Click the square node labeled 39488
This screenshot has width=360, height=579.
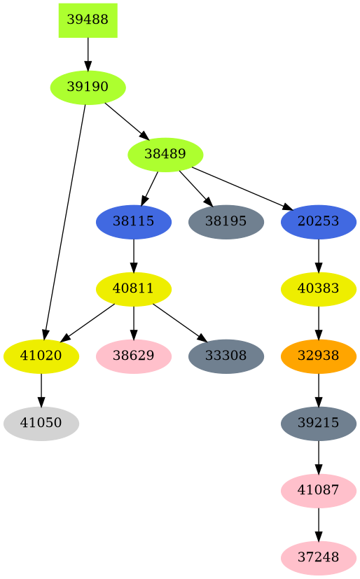[x=88, y=20]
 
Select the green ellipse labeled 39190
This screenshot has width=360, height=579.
[x=88, y=88]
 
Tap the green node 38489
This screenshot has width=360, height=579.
[x=165, y=155]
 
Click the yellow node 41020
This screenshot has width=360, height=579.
[x=41, y=356]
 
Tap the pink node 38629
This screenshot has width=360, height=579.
[x=134, y=356]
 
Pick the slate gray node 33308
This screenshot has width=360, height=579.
[x=226, y=356]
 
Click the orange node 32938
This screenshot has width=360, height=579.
[x=319, y=356]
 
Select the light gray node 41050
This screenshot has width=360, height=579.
[x=41, y=424]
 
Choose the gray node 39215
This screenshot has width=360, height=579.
[x=319, y=424]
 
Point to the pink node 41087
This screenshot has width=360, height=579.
[x=319, y=491]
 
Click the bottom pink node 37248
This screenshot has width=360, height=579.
[x=319, y=558]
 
